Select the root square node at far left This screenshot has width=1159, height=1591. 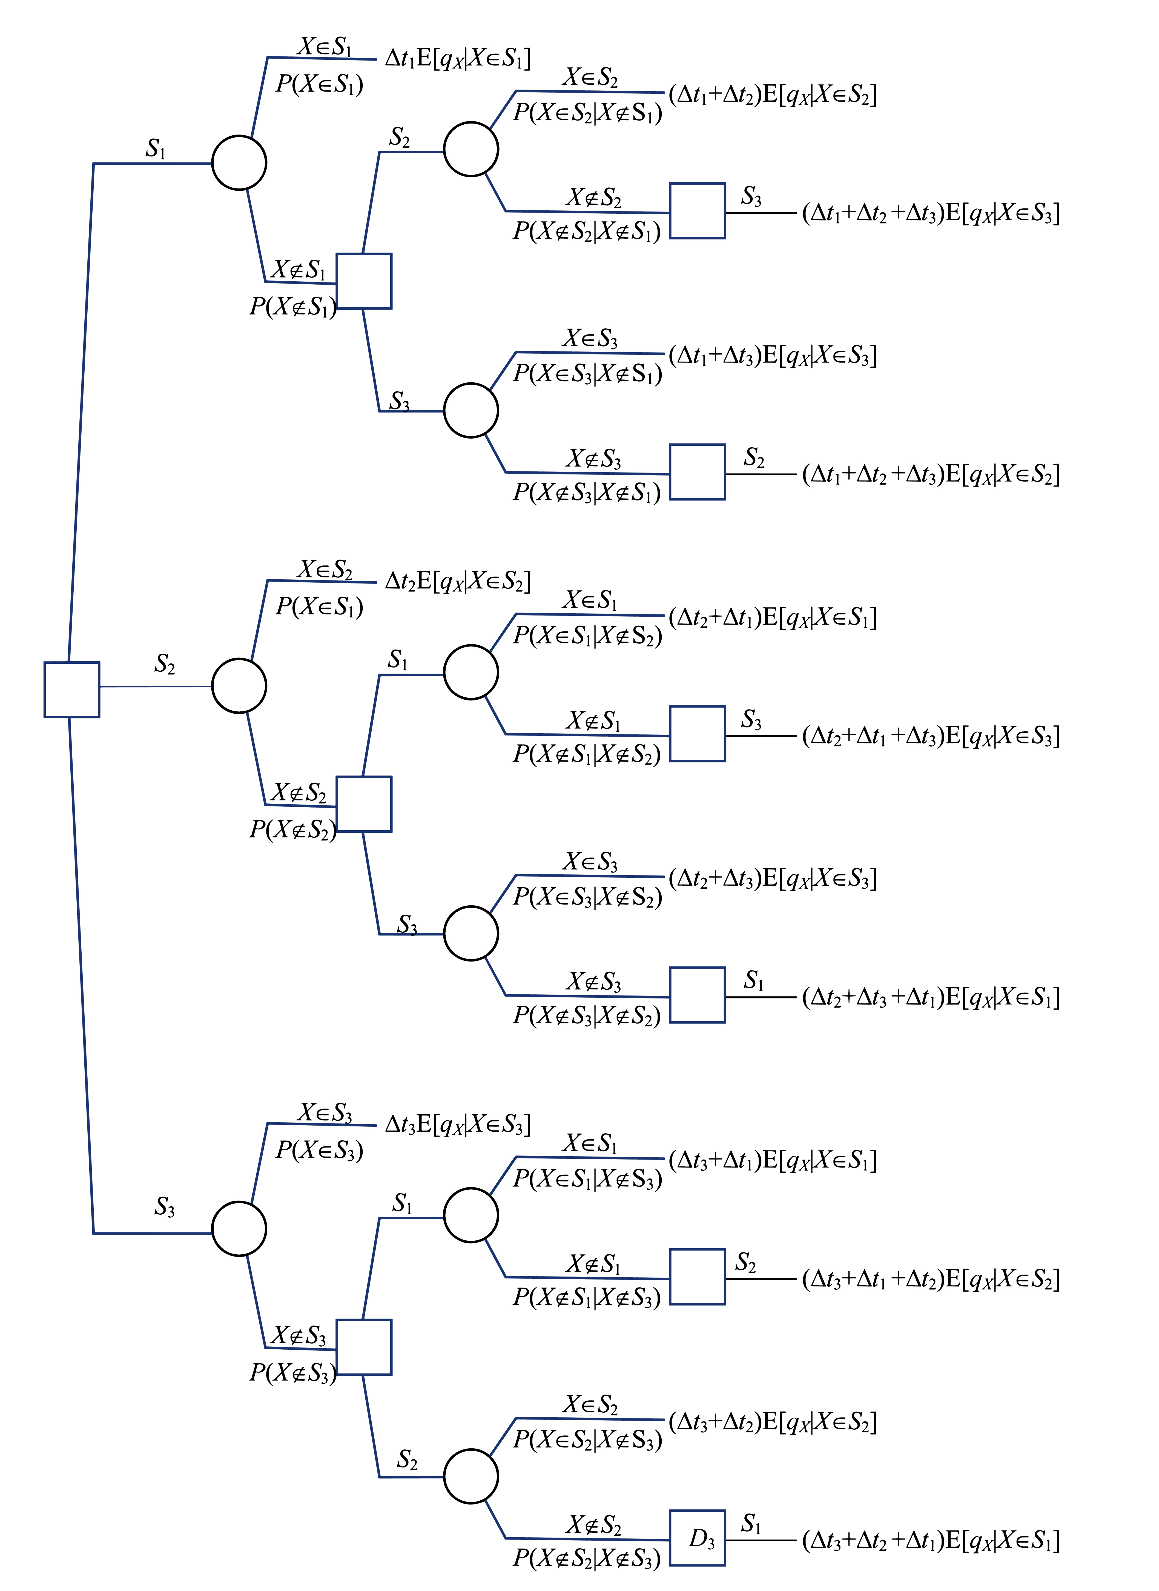click(x=71, y=689)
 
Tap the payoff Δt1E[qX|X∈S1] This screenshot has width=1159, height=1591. click(x=457, y=58)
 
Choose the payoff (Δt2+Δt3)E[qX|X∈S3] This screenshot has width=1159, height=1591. click(x=772, y=878)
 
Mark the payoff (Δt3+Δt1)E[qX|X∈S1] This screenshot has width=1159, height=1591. click(x=772, y=1160)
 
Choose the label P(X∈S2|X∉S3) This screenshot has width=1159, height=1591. click(x=587, y=1440)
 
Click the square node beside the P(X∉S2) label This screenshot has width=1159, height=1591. click(x=363, y=803)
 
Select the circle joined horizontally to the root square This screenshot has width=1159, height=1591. click(x=239, y=686)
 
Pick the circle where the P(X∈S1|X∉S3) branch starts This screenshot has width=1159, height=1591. click(x=471, y=1215)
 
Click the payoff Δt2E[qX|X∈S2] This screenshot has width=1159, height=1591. click(x=457, y=581)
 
